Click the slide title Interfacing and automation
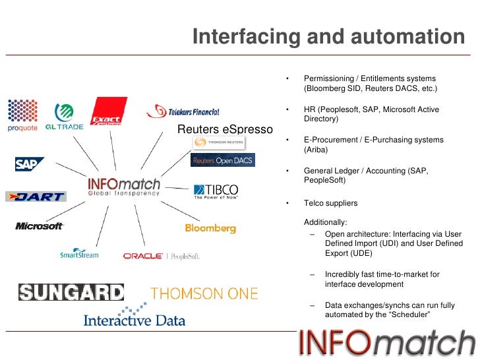coord(328,37)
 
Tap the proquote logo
coord(22,115)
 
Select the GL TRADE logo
coord(64,117)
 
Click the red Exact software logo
coord(107,111)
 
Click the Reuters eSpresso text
coord(225,129)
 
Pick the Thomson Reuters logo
coord(219,142)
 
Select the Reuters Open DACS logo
coord(222,160)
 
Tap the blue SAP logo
coord(29,164)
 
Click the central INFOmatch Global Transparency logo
coord(124,186)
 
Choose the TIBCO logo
coord(216,191)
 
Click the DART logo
coord(36,196)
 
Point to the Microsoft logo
coord(40,226)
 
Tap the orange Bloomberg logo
coord(210,228)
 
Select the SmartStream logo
coord(79,253)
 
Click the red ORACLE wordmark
coord(142,256)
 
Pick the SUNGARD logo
coord(71,292)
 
